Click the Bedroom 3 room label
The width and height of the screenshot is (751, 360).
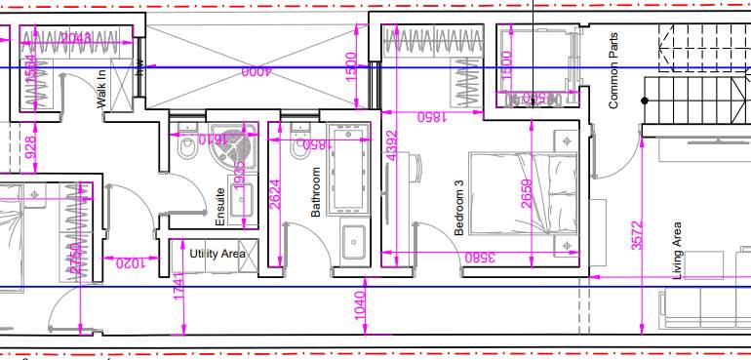pyautogui.click(x=458, y=207)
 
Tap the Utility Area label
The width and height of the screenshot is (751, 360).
pyautogui.click(x=218, y=254)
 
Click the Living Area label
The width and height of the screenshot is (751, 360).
pyautogui.click(x=677, y=251)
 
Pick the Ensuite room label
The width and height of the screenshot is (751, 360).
pyautogui.click(x=220, y=207)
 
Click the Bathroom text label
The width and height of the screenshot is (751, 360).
pyautogui.click(x=316, y=191)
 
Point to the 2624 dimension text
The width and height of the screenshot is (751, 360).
pyautogui.click(x=275, y=198)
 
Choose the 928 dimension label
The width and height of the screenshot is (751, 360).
pyautogui.click(x=29, y=147)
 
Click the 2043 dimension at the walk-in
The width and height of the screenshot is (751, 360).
pyautogui.click(x=76, y=39)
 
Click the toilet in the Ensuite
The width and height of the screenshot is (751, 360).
pyautogui.click(x=186, y=146)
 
